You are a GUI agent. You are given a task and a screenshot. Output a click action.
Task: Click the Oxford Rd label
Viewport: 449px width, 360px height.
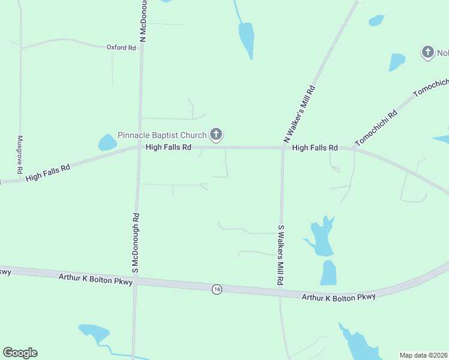coord(121,47)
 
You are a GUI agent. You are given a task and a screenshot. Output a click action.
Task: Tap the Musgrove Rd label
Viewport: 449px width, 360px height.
coord(20,154)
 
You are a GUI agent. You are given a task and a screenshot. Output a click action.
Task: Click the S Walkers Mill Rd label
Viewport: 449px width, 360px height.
coord(280,254)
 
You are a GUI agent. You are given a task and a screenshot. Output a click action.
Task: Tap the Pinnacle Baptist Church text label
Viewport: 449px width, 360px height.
coord(161,135)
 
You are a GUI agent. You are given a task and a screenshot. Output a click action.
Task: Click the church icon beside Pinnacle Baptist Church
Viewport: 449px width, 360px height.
coord(217,135)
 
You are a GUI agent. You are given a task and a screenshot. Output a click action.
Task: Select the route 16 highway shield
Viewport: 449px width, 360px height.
coord(217,289)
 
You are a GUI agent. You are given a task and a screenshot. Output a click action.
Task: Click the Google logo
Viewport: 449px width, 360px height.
coord(20,353)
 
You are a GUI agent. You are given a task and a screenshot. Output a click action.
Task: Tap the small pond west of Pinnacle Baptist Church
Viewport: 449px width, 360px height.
coord(107,142)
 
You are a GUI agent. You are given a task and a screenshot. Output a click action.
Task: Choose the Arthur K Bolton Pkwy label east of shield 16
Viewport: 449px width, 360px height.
coord(339,297)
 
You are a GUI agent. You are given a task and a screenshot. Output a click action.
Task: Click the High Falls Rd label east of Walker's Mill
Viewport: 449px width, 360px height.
coord(315,148)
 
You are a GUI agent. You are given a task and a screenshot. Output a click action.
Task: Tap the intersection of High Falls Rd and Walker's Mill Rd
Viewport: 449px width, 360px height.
coord(283,148)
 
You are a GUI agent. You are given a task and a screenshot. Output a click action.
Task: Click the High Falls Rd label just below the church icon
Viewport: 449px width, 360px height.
coord(168,147)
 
